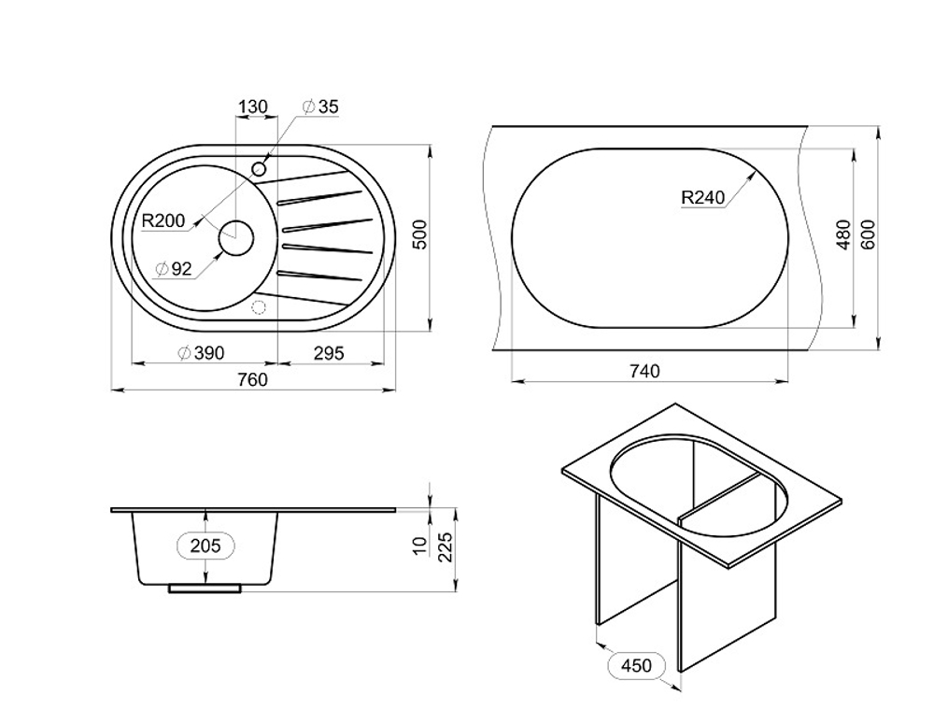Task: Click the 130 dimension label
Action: coord(253,106)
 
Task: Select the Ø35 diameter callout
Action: coord(320,106)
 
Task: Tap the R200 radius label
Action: coord(163,221)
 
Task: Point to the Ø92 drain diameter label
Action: coord(174,269)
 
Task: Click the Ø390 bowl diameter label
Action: coord(202,353)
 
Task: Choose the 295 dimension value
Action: coord(329,353)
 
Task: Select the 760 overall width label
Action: coord(252,379)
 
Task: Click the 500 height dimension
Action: coord(420,234)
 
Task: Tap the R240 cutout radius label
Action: coord(703,197)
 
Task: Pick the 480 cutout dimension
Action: coord(842,234)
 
